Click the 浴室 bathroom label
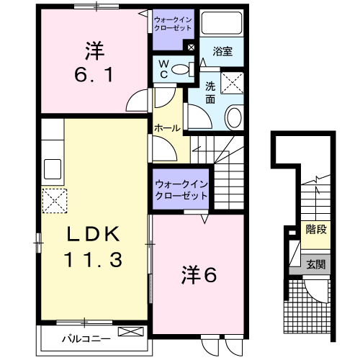pos(221,52)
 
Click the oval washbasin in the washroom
pos(234,118)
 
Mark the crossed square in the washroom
pos(233,84)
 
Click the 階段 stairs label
pos(315,230)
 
